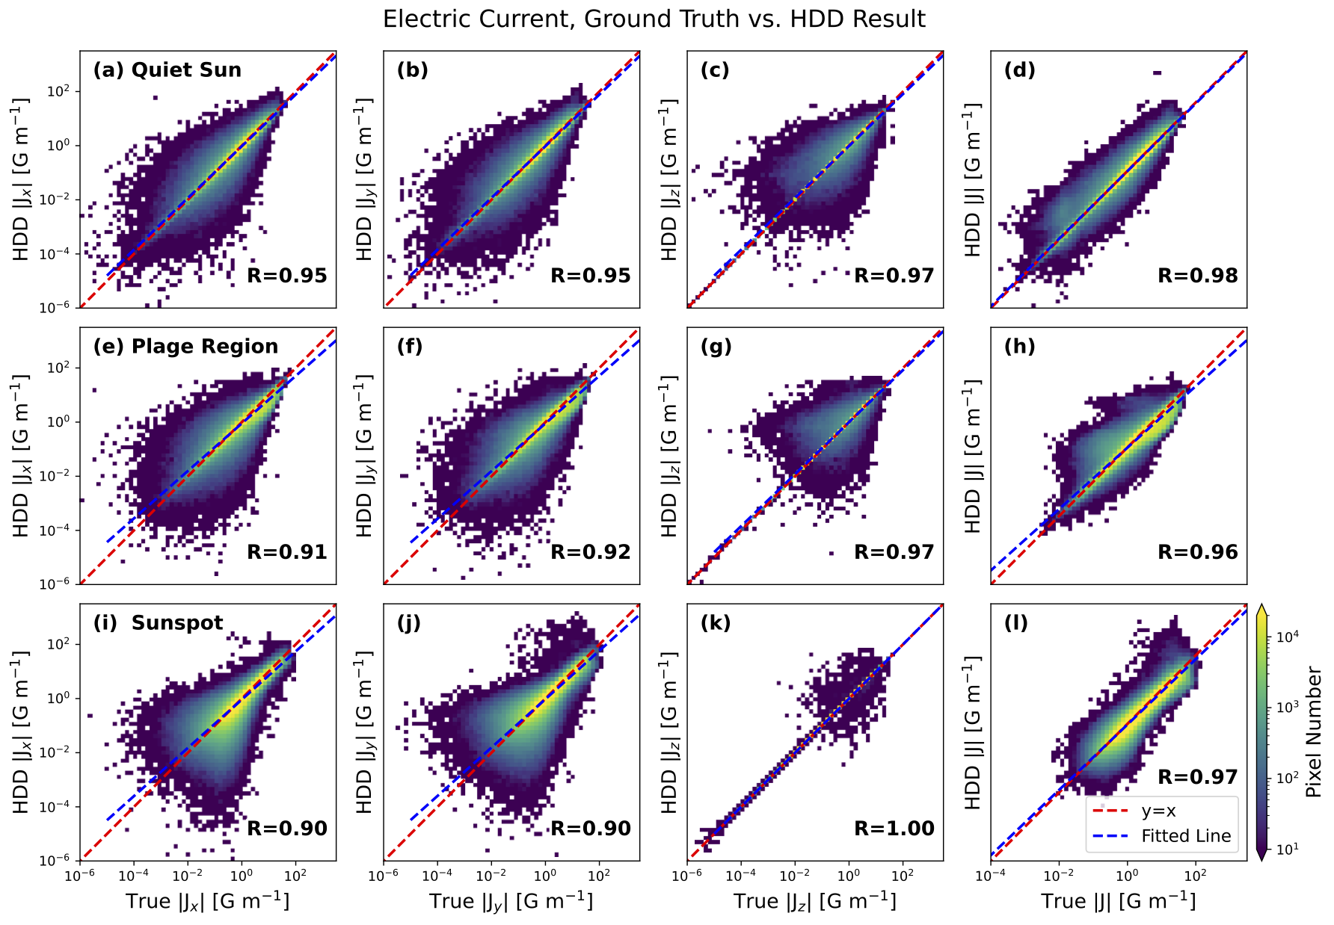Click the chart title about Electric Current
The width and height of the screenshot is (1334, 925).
[654, 19]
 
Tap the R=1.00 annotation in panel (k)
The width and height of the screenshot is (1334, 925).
[894, 828]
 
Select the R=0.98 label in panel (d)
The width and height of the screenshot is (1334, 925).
[1198, 275]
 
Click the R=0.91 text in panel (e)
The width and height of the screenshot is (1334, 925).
[287, 551]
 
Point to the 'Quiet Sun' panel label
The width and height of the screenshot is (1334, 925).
[186, 70]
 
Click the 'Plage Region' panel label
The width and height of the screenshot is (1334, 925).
[204, 347]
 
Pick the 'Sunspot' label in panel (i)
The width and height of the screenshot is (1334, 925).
[177, 623]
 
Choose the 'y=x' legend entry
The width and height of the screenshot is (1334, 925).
[1158, 811]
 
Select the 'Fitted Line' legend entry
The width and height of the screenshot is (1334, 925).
[1186, 836]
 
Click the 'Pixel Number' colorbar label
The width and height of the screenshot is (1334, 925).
[1315, 733]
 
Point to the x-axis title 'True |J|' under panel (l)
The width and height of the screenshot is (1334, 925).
[1119, 900]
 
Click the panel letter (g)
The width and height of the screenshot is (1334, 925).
[716, 347]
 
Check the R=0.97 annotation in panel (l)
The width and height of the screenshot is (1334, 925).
[1198, 776]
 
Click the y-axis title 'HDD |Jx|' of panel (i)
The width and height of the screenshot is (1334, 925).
[21, 732]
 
